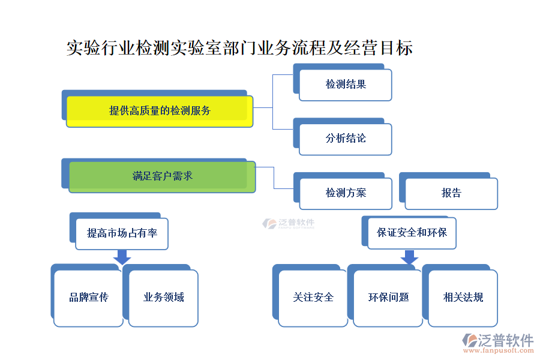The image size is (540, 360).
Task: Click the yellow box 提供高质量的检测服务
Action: click(x=160, y=111)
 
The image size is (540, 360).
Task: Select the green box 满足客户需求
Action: click(x=162, y=176)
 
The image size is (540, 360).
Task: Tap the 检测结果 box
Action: click(x=346, y=85)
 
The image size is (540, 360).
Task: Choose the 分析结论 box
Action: click(x=346, y=139)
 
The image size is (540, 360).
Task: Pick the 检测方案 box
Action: click(x=346, y=193)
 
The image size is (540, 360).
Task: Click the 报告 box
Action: click(x=451, y=193)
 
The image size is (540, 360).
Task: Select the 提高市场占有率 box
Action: click(x=122, y=233)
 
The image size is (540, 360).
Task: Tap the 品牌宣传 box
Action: click(x=88, y=298)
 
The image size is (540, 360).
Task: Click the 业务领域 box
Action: click(x=163, y=298)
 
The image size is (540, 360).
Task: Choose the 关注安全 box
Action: click(x=313, y=298)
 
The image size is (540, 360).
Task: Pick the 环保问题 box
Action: click(x=388, y=298)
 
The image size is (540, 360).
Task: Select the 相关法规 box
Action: click(x=463, y=298)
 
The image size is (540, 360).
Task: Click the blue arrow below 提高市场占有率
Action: click(x=122, y=257)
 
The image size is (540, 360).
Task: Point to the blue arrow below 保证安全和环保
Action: click(x=409, y=257)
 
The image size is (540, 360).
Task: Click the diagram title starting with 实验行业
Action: click(x=239, y=48)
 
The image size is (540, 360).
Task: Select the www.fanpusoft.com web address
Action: click(x=497, y=352)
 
